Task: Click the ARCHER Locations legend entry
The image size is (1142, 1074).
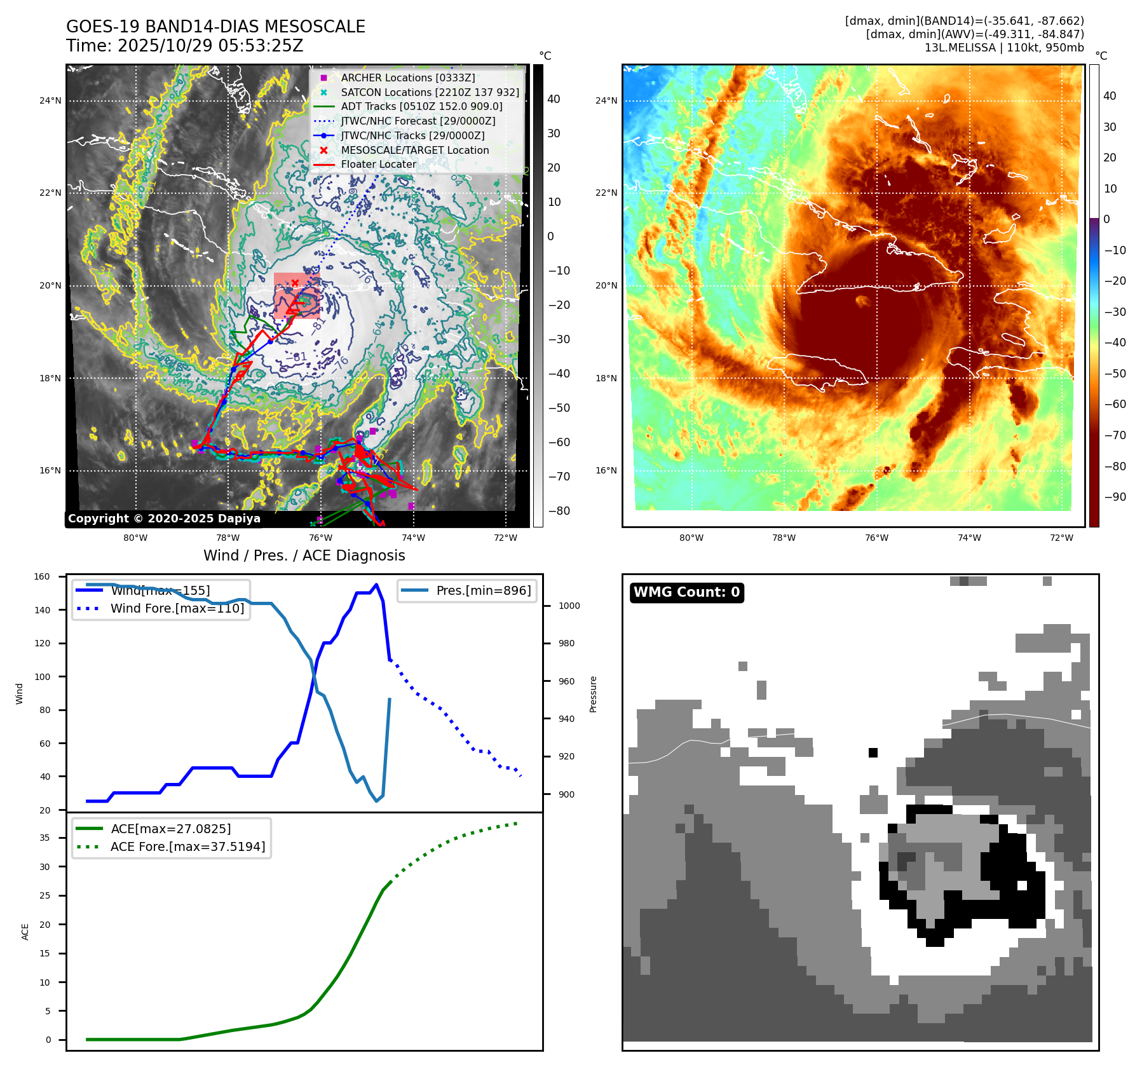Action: [x=407, y=78]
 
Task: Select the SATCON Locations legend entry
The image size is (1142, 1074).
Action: [x=430, y=92]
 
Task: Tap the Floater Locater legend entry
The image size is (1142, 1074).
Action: [x=378, y=164]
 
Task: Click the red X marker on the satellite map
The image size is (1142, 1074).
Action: [x=295, y=283]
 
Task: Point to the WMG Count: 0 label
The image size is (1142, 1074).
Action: [x=686, y=592]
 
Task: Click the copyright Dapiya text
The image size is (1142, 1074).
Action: [x=164, y=519]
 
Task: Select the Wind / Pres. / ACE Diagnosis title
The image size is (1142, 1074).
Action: [x=304, y=555]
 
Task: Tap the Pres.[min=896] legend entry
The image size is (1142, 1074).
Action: [x=483, y=590]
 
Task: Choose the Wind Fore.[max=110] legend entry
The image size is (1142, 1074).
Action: [x=177, y=608]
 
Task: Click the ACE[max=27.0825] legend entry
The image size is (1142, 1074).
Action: [x=170, y=829]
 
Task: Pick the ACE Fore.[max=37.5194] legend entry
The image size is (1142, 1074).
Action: [x=187, y=846]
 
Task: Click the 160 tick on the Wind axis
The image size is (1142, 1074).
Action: [x=42, y=577]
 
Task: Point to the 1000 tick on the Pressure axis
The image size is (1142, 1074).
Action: [x=569, y=606]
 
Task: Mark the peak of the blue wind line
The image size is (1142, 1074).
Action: [x=377, y=585]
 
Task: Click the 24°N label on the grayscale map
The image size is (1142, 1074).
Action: [x=50, y=100]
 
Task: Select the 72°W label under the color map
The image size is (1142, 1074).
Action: [x=1061, y=538]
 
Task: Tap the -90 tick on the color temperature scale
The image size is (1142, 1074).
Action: [x=1115, y=497]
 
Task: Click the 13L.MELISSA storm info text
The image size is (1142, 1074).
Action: [x=1004, y=48]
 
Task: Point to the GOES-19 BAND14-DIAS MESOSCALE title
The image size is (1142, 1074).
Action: [x=215, y=27]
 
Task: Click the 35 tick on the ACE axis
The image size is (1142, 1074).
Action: [x=44, y=838]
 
